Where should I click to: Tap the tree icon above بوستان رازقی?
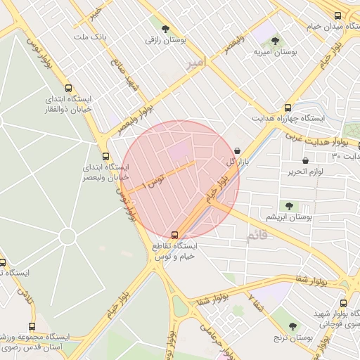click(x=165, y=30)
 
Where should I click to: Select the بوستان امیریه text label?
click(x=273, y=52)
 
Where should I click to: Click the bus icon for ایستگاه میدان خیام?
click(x=338, y=15)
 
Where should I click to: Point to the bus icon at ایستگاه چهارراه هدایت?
click(x=288, y=107)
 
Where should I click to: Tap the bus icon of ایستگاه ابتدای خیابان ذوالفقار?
click(x=68, y=88)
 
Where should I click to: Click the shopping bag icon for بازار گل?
click(x=237, y=150)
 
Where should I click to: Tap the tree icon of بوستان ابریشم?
click(x=288, y=206)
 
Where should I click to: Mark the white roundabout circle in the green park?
click(x=67, y=236)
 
